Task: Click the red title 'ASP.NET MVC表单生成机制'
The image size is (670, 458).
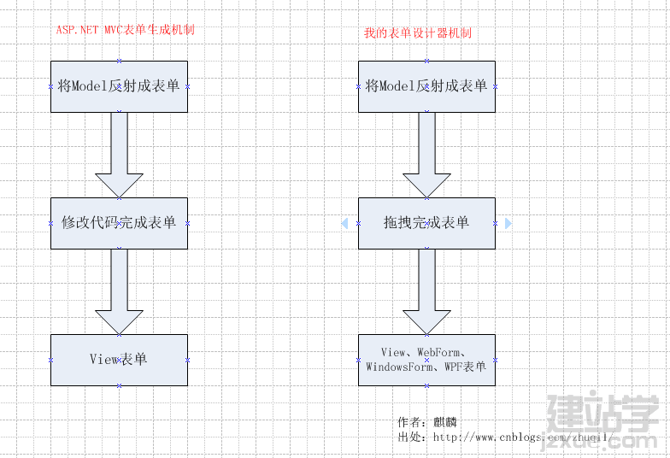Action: click(125, 29)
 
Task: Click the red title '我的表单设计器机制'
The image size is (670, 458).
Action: click(417, 32)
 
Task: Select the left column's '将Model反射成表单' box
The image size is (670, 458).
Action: click(120, 87)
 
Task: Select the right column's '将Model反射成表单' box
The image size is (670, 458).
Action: click(427, 87)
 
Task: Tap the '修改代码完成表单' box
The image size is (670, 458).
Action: click(120, 224)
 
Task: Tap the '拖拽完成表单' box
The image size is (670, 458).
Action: click(427, 224)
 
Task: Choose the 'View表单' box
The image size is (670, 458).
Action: click(120, 361)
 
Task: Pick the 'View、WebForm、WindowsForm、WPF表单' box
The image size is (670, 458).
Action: click(427, 361)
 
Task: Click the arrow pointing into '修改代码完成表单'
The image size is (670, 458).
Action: click(120, 156)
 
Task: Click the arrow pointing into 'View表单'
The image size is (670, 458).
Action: click(120, 292)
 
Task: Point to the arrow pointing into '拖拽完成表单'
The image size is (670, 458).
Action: click(427, 156)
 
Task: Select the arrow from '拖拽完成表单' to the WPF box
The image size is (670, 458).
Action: click(427, 292)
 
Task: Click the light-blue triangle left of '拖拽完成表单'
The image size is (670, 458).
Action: click(345, 224)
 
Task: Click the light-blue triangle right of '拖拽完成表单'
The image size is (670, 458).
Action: click(508, 224)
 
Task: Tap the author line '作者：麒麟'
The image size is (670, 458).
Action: click(427, 422)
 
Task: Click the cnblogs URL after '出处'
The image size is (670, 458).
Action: click(523, 437)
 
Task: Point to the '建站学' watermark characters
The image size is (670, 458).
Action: click(602, 412)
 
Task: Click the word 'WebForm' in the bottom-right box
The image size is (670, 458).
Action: click(439, 352)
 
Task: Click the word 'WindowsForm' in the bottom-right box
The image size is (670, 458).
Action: click(398, 367)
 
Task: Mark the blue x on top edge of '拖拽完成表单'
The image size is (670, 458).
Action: click(427, 198)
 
